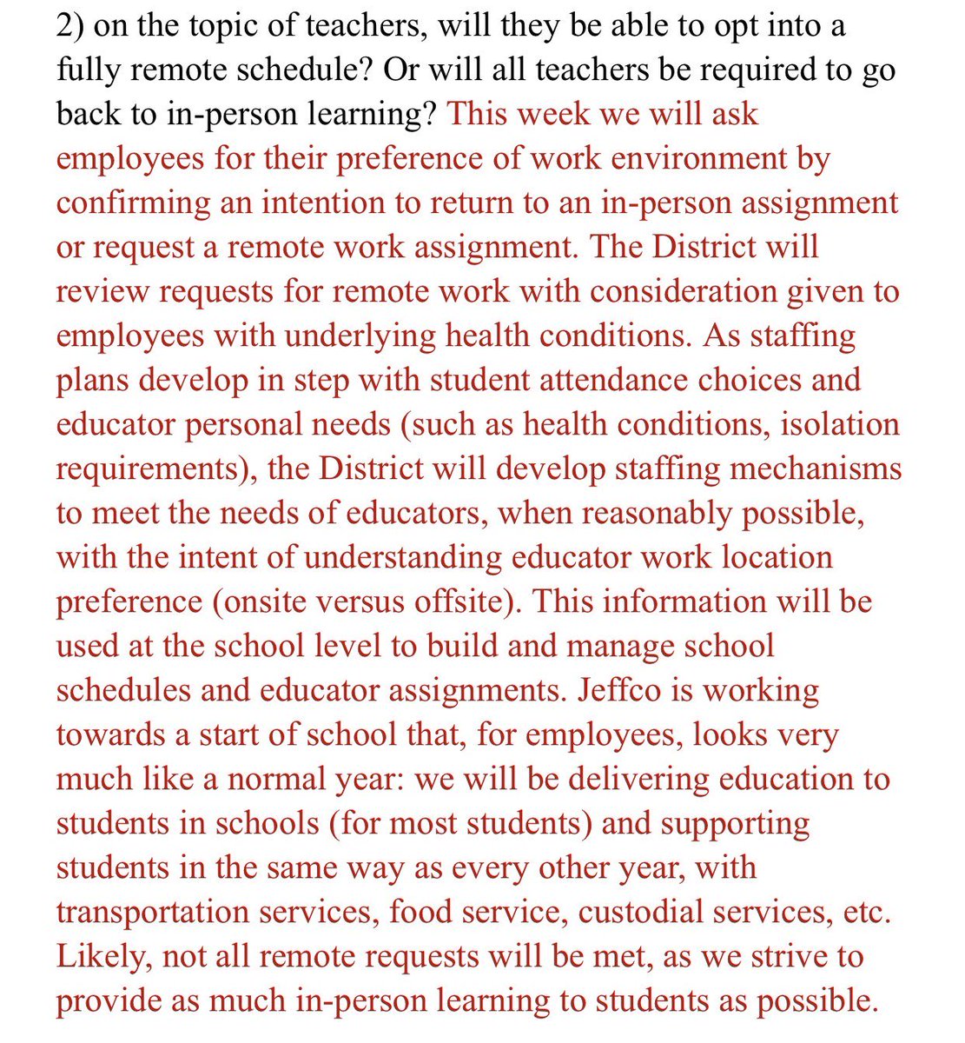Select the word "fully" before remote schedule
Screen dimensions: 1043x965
coord(87,70)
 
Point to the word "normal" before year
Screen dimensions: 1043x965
coord(290,779)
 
